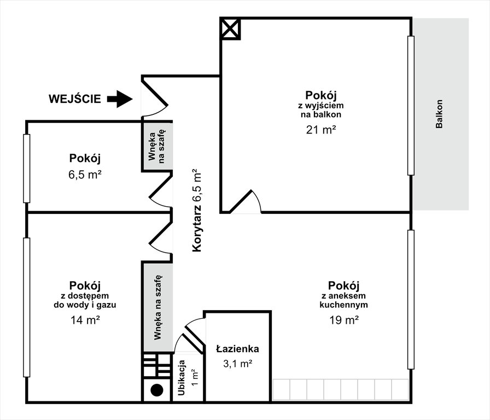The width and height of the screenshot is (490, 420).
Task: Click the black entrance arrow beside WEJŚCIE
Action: pyautogui.click(x=120, y=99)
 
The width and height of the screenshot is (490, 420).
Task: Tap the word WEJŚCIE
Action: pyautogui.click(x=75, y=98)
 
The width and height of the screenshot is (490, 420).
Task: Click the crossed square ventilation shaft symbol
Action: pyautogui.click(x=231, y=28)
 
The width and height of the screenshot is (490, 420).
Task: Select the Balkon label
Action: pyautogui.click(x=439, y=114)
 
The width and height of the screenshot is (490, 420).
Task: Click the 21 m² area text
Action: pyautogui.click(x=321, y=130)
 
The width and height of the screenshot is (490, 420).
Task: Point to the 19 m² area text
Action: pyautogui.click(x=344, y=320)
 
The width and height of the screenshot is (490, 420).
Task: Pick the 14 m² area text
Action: pyautogui.click(x=85, y=320)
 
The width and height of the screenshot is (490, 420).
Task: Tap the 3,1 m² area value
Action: pyautogui.click(x=237, y=364)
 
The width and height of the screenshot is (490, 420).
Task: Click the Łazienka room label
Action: pyautogui.click(x=237, y=348)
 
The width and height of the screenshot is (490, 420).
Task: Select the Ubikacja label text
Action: pyautogui.click(x=182, y=377)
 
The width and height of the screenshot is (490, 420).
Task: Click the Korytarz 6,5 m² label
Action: pyautogui.click(x=197, y=211)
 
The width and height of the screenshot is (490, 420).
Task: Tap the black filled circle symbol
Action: pyautogui.click(x=157, y=390)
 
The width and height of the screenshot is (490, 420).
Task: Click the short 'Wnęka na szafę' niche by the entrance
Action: pyautogui.click(x=157, y=146)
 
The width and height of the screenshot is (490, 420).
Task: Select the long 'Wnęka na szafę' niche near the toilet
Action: pyautogui.click(x=157, y=307)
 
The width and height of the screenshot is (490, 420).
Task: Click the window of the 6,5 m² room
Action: pyautogui.click(x=27, y=168)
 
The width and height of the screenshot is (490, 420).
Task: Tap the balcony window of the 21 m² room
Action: pyautogui.click(x=411, y=106)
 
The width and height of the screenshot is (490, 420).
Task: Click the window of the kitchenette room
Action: pyautogui.click(x=411, y=300)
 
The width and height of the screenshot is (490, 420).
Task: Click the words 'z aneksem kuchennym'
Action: pyautogui.click(x=344, y=300)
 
